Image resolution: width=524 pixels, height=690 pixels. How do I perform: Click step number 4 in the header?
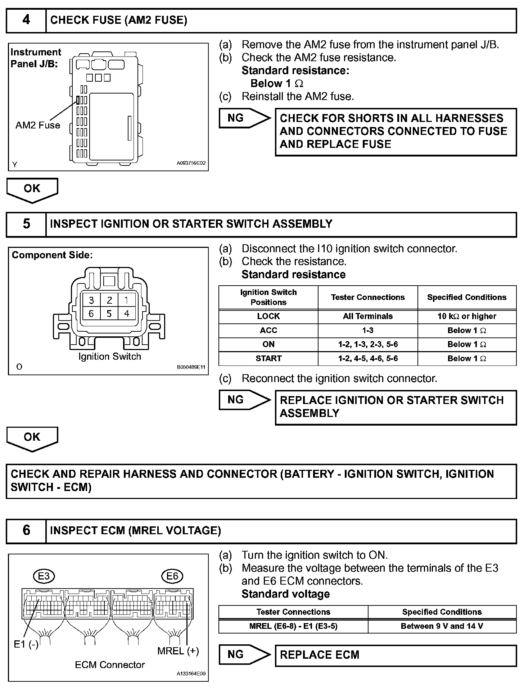pyautogui.click(x=26, y=20)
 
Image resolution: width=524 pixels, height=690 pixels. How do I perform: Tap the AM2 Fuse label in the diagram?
pyautogui.click(x=38, y=125)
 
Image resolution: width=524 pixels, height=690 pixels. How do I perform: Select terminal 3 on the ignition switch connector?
pyautogui.click(x=91, y=300)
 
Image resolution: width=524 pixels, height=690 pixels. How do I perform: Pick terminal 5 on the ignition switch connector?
pyautogui.click(x=109, y=314)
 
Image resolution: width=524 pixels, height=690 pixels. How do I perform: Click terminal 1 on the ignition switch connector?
pyautogui.click(x=126, y=300)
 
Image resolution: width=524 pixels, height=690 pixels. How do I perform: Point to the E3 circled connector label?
pyautogui.click(x=44, y=576)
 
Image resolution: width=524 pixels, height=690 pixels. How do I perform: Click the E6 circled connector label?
pyautogui.click(x=172, y=576)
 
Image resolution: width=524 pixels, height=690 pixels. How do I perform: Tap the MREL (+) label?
pyautogui.click(x=178, y=650)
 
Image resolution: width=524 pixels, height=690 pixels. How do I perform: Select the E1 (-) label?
pyautogui.click(x=26, y=644)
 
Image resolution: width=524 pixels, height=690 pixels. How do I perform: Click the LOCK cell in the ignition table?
pyautogui.click(x=268, y=316)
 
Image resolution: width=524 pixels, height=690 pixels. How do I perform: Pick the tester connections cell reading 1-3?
pyautogui.click(x=367, y=330)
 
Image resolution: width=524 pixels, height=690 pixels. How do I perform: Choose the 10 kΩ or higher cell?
pyautogui.click(x=467, y=316)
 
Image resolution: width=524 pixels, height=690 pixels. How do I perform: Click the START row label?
pyautogui.click(x=268, y=358)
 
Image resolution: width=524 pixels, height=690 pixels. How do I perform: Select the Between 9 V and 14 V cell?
pyautogui.click(x=442, y=626)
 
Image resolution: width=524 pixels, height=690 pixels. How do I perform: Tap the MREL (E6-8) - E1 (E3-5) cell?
pyautogui.click(x=293, y=626)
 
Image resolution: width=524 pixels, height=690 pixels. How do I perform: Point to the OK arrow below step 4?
pyautogui.click(x=32, y=189)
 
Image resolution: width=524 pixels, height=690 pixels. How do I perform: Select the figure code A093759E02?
pyautogui.click(x=191, y=163)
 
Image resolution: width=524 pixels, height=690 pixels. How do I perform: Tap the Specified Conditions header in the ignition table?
pyautogui.click(x=467, y=297)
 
